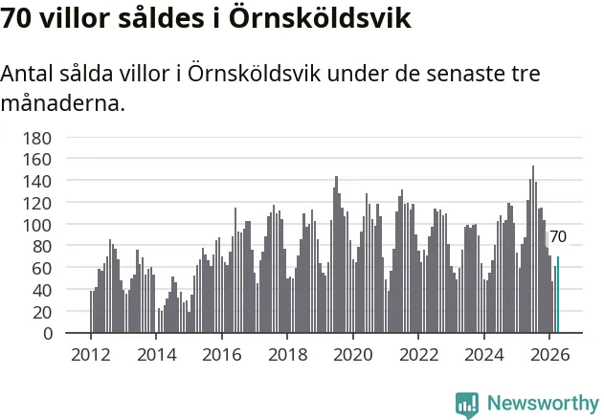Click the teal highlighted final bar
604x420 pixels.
point(558,295)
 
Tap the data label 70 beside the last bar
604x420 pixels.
point(558,236)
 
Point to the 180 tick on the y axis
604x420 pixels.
point(37,139)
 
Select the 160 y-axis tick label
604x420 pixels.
point(37,160)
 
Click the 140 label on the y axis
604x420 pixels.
point(37,182)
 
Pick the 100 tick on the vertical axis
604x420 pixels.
point(37,225)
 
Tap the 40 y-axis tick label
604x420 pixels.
point(42,291)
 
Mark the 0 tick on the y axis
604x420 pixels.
point(48,334)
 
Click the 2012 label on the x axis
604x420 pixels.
point(91,355)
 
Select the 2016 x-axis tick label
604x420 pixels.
point(222,355)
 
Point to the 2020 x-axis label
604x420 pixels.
point(353,355)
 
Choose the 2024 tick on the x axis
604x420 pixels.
point(484,355)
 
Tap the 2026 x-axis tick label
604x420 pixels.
point(549,355)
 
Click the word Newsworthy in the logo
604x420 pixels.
point(543,403)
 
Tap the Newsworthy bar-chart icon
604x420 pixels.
point(467,406)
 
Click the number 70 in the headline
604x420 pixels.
point(15,18)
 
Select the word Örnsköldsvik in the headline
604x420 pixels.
point(321,18)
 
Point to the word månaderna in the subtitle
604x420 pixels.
point(63,102)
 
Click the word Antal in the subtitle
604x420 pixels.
point(27,73)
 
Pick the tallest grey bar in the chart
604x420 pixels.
point(533,249)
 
